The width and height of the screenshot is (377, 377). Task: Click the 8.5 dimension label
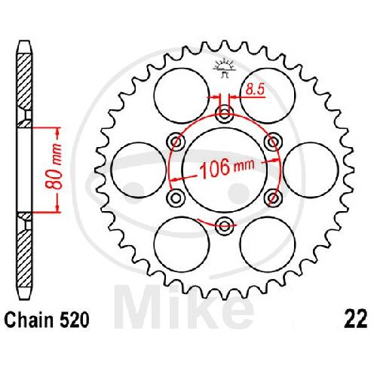coord(255,89)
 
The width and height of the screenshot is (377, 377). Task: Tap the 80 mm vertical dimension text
coord(54,167)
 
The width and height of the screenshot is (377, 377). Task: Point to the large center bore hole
coord(225,170)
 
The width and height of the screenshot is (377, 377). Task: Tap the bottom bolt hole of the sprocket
coord(225,225)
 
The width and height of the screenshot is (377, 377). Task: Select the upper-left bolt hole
coord(176,142)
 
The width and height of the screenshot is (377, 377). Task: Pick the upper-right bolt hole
coord(273,142)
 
